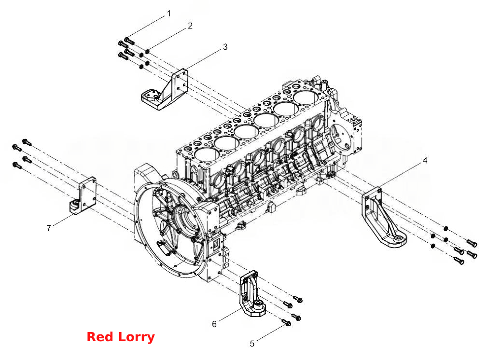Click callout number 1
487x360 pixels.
(x=169, y=14)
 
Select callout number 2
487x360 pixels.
(x=190, y=26)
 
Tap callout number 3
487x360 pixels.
(x=225, y=47)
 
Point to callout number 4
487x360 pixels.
(x=425, y=161)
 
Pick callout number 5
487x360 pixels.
(x=252, y=344)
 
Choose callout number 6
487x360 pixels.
(x=214, y=324)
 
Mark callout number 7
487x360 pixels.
(x=49, y=228)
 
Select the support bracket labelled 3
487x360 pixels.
(x=166, y=92)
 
